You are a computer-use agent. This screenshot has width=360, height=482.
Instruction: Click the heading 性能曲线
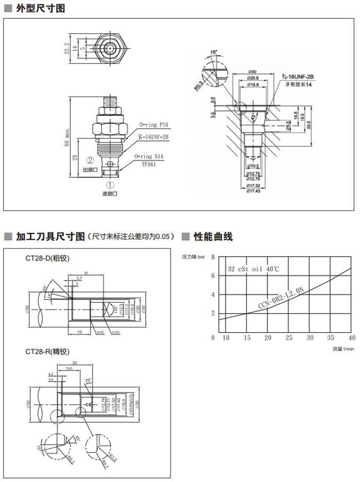coord(213,237)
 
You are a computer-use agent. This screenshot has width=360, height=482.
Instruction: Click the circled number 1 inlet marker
coord(110,184)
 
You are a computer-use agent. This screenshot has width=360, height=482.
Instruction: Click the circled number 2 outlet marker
coord(89,160)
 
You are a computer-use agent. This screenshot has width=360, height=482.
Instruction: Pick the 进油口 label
coord(110,194)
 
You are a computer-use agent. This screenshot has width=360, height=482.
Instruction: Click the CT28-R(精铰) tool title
coord(47,352)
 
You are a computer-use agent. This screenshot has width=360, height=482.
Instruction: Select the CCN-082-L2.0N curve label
coord(281,299)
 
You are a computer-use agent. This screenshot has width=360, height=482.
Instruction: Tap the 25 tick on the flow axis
coord(289,337)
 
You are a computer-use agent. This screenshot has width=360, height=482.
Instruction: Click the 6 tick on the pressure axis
coord(213,275)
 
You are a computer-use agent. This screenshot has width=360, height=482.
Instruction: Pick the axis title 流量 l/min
coord(343,349)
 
